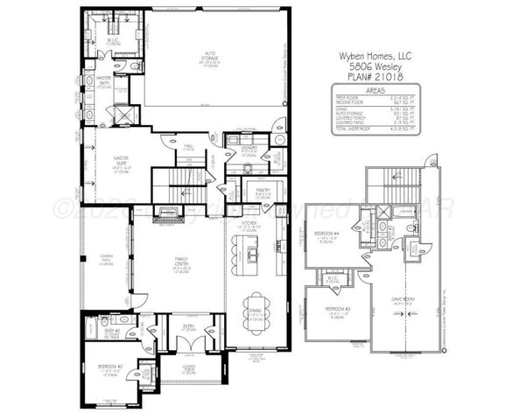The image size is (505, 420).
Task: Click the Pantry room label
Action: click(x=263, y=190)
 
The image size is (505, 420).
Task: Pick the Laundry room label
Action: click(x=248, y=148)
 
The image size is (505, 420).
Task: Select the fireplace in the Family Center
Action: click(x=169, y=215)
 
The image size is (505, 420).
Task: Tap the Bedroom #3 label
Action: click(x=337, y=311)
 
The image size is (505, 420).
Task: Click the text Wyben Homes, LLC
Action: click(x=375, y=54)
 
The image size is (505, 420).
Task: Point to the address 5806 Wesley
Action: click(x=375, y=65)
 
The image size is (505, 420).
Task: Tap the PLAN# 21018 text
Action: click(x=375, y=76)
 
